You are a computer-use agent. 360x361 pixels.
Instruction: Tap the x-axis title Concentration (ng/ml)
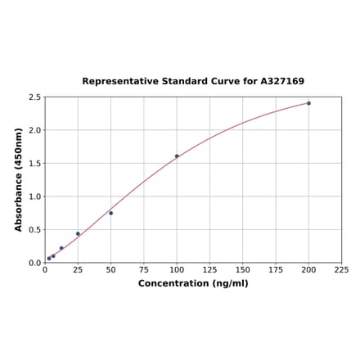coord(193,283)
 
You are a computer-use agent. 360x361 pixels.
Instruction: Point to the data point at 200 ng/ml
coord(308,103)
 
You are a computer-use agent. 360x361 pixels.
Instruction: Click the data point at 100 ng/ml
coord(177,156)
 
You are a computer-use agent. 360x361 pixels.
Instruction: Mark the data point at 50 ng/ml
coord(111,213)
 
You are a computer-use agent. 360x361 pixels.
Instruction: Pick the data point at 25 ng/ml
coord(78,234)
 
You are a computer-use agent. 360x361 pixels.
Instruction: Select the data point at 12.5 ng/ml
coord(61,248)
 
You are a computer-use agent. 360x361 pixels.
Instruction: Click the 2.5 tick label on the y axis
coord(35,97)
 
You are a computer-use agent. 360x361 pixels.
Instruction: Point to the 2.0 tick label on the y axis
coord(35,130)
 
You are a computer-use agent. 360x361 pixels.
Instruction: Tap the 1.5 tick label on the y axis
coord(35,163)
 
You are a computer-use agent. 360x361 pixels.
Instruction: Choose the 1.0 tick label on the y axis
coord(35,196)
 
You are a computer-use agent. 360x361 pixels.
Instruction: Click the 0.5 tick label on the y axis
coord(35,230)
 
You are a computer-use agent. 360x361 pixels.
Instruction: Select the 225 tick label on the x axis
coord(341,269)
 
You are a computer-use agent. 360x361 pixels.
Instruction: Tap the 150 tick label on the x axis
coord(243,269)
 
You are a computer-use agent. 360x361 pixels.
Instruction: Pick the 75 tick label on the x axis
coord(144,269)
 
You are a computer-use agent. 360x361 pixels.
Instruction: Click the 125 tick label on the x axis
coord(209,269)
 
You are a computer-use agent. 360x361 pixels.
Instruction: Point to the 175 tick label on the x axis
coord(276,269)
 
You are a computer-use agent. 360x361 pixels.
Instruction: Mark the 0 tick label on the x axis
coord(45,269)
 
